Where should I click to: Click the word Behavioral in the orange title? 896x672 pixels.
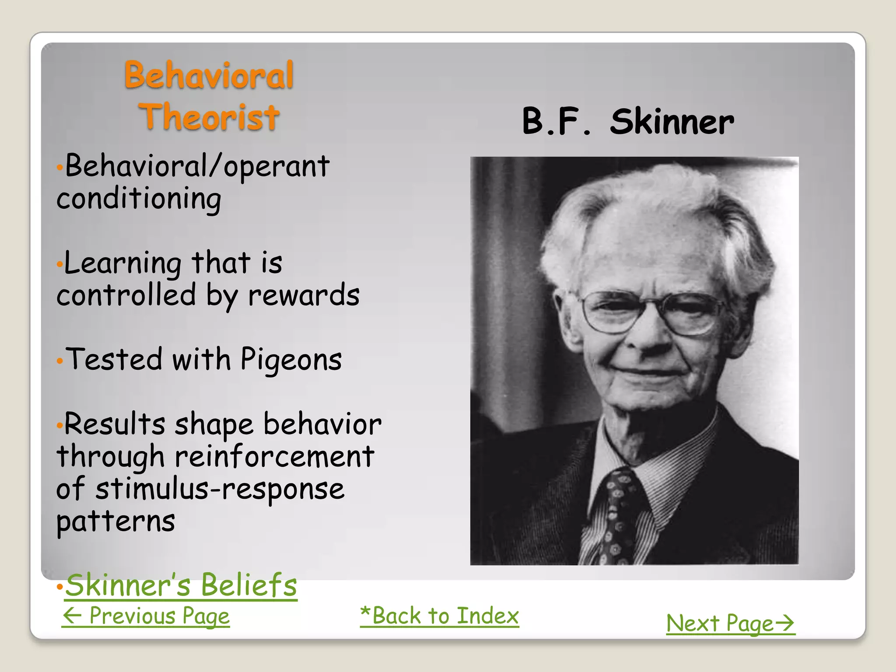pos(209,75)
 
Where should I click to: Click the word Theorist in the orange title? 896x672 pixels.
pos(209,117)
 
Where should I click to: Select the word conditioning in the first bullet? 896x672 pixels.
pos(139,199)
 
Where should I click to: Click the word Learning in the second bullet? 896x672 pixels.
pos(122,264)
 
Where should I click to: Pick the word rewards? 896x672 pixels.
pos(304,295)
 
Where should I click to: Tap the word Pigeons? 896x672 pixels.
pos(291,360)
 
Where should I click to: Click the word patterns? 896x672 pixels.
pos(116,521)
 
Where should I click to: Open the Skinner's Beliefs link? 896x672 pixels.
pos(181,585)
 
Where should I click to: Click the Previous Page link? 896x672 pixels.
pos(146,616)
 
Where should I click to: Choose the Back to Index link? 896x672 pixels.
pos(439,616)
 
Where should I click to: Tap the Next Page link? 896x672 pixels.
pos(730,623)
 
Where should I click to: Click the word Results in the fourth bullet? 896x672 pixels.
pos(115,424)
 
